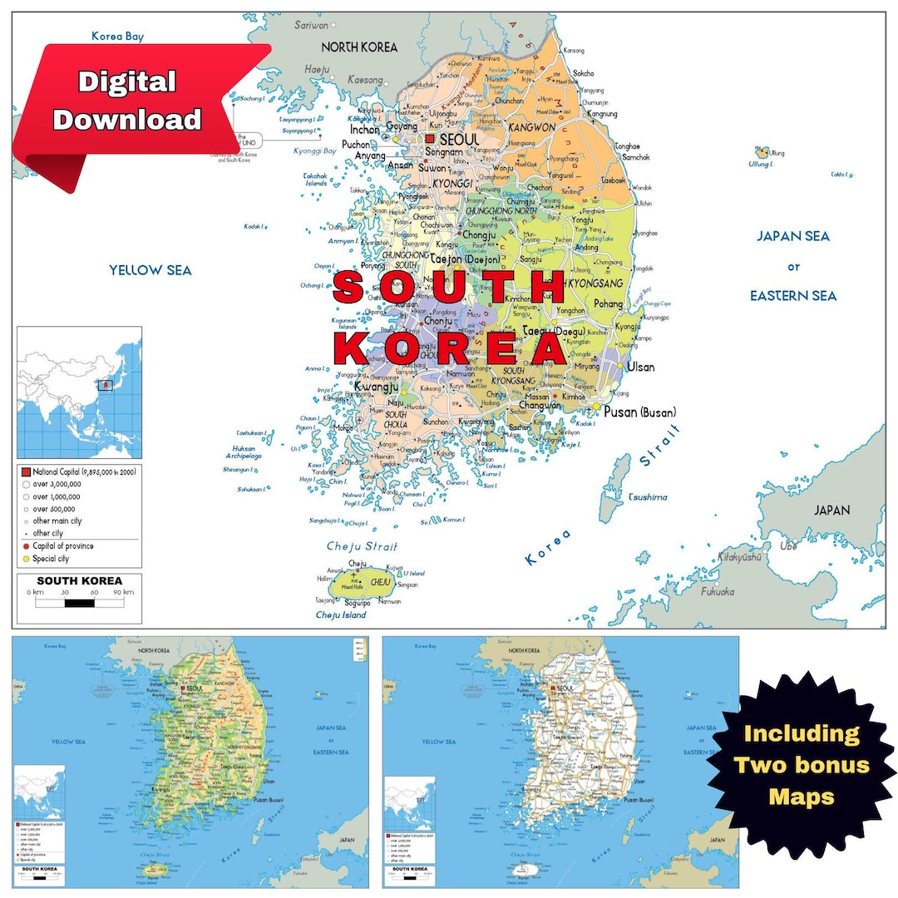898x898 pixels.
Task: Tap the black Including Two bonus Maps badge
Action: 801,765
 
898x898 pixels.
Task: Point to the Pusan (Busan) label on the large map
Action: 639,412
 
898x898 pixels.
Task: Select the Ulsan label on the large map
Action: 640,367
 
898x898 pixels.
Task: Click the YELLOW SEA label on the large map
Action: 150,269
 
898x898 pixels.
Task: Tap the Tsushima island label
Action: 647,497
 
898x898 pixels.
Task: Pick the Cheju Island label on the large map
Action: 341,614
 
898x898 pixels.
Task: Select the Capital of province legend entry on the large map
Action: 62,546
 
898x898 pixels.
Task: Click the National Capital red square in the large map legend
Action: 26,471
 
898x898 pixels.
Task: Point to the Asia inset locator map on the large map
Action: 79,392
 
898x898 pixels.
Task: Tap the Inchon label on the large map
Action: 364,130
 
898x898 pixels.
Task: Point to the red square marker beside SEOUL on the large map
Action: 430,139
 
